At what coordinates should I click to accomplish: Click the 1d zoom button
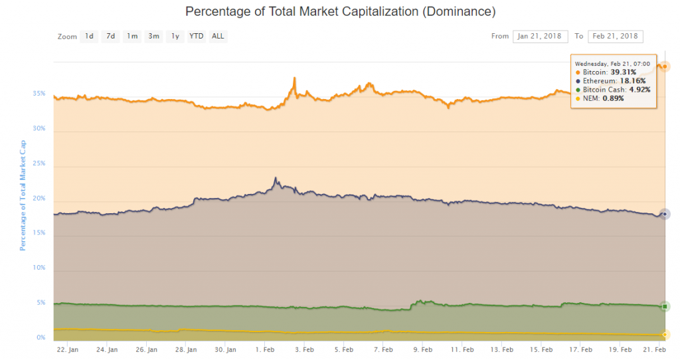(90, 37)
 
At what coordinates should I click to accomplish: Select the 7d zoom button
(111, 37)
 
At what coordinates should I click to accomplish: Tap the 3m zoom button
(153, 37)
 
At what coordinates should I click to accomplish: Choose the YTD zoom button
(197, 37)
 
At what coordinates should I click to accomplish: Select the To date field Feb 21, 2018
(615, 37)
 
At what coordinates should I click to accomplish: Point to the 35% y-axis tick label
(39, 94)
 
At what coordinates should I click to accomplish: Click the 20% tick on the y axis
(39, 199)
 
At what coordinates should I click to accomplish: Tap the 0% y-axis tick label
(41, 338)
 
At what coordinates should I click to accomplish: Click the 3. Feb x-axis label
(305, 349)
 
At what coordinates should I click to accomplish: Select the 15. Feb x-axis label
(541, 349)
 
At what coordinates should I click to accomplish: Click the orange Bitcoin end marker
(665, 66)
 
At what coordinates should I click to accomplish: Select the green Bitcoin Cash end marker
(665, 306)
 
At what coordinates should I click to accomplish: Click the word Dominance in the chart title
(459, 12)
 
